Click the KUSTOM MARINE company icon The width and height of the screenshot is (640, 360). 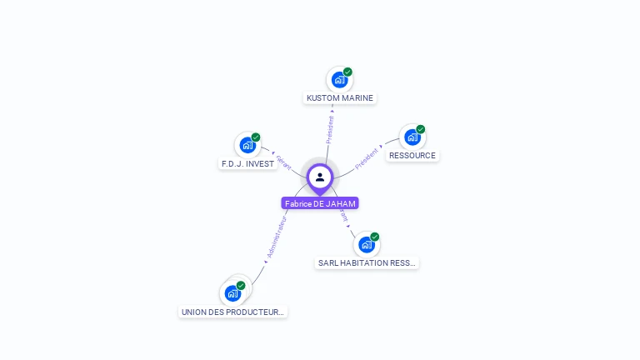[338, 80]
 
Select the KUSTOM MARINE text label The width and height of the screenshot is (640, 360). [339, 98]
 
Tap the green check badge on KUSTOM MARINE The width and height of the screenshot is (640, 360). [347, 72]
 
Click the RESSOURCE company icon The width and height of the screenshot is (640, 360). [412, 137]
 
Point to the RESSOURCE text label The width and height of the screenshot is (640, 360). [412, 156]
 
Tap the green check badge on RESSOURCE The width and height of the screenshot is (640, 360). [421, 129]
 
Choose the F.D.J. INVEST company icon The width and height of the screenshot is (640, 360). [247, 145]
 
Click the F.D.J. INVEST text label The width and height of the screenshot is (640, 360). [247, 164]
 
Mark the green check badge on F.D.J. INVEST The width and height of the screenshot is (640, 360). [256, 137]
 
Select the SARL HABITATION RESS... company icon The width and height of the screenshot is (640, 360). [366, 245]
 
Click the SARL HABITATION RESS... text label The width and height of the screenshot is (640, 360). [367, 263]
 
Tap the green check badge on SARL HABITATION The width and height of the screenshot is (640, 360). [375, 237]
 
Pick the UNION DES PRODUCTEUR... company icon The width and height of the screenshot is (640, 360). [232, 293]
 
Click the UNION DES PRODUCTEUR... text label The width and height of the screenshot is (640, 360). [233, 312]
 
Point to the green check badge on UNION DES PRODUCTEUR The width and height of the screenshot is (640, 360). [241, 286]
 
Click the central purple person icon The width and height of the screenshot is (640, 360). [320, 177]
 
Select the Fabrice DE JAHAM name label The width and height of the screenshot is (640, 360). [320, 203]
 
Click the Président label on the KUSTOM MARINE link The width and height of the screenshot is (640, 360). [330, 130]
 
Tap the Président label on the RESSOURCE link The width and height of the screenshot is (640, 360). [367, 158]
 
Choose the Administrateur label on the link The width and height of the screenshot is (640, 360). [276, 237]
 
